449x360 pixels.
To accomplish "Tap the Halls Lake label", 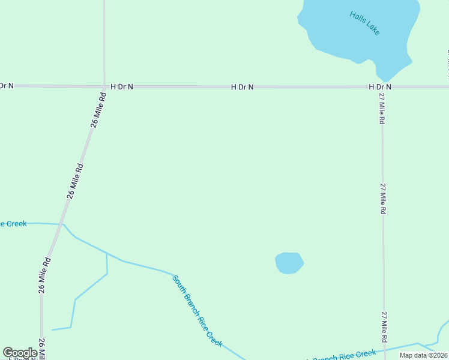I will point(365,23).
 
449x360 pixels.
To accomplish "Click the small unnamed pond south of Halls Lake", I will point(289,263).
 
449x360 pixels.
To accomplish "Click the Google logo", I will point(20,353).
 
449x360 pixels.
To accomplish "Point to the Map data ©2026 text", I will point(423,355).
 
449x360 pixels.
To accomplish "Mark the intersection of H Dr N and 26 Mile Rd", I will point(104,86).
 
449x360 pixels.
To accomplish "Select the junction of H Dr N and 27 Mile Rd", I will point(382,87).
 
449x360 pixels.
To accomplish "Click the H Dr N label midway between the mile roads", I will point(242,87).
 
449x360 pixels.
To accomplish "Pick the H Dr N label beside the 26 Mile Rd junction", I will point(121,87).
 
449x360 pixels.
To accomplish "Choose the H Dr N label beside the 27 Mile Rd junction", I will point(379,87).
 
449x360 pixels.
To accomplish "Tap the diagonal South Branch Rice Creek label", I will point(197,311).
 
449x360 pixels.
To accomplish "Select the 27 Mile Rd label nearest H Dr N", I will point(382,109).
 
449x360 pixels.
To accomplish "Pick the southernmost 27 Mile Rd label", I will point(384,327).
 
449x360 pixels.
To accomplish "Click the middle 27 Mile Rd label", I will point(382,199).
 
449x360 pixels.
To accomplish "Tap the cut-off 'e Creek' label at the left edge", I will point(13,224).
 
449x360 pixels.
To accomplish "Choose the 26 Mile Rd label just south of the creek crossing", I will point(44,275).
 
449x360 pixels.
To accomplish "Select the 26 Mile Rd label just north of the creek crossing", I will point(76,181).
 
